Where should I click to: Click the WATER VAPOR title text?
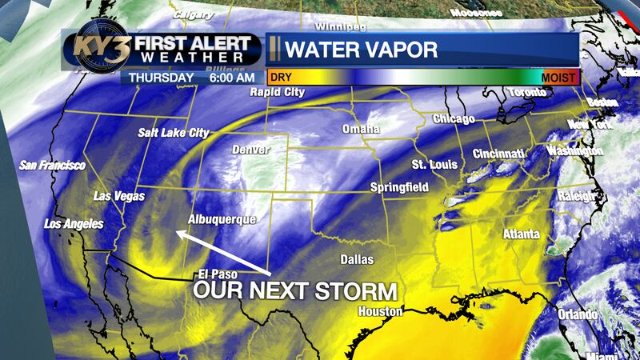click(361, 50)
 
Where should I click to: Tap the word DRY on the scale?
click(280, 78)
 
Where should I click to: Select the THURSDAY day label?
click(158, 78)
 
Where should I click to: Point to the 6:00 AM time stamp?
click(231, 78)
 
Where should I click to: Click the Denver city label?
click(250, 150)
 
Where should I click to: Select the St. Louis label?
click(434, 165)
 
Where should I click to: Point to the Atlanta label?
click(521, 234)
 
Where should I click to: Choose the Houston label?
click(379, 310)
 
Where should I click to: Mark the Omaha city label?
click(361, 130)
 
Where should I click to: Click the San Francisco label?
click(52, 165)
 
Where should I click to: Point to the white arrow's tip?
click(178, 233)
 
